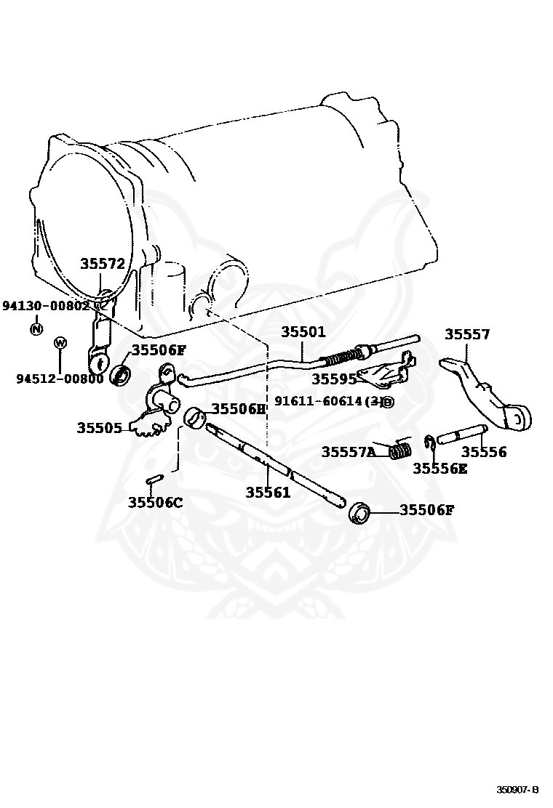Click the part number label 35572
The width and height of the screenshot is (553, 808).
103,264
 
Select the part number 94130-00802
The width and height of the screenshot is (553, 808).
45,306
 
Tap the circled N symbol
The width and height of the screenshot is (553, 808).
36,330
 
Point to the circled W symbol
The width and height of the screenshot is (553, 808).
60,342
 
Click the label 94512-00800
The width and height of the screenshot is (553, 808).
60,378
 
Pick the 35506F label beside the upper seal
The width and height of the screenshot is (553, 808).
159,350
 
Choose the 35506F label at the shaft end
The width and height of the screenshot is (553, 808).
427,509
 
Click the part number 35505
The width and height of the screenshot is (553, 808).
99,428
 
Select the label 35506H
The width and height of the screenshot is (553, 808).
239,408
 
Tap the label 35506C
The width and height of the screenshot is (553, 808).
156,501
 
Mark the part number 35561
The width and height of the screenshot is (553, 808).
268,492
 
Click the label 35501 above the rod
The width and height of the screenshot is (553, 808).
303,332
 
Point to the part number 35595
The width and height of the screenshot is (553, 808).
334,379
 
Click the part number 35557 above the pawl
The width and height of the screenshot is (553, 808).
467,334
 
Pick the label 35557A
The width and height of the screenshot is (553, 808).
349,452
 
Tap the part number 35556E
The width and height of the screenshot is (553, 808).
439,469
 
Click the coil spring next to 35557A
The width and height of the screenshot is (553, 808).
398,451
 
